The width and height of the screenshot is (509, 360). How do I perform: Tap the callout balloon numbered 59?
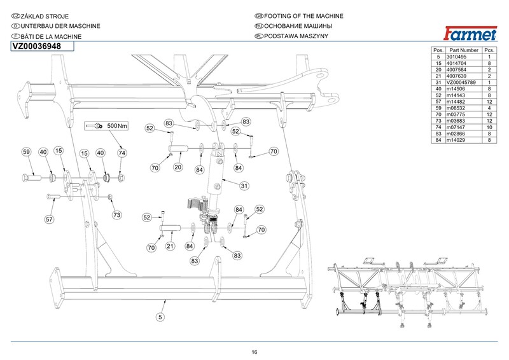(x=27, y=152)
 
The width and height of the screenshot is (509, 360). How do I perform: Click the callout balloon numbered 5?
(x=160, y=316)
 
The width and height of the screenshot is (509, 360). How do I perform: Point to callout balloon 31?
(x=243, y=186)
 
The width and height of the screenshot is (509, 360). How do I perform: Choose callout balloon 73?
(x=116, y=216)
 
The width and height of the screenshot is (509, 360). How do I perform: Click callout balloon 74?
(x=122, y=153)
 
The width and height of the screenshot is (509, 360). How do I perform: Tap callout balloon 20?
(x=179, y=167)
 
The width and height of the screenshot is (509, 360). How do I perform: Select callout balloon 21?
(x=171, y=246)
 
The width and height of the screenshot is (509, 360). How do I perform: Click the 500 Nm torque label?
(x=116, y=126)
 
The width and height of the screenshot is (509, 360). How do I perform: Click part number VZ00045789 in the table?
(x=463, y=83)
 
